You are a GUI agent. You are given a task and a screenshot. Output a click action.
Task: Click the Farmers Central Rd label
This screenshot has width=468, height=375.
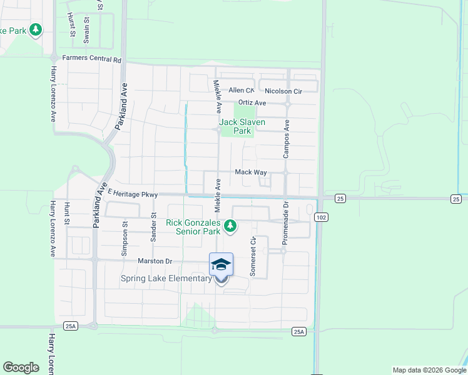click(x=91, y=59)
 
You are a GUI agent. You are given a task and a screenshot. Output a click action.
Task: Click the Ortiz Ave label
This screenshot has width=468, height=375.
click(x=252, y=102)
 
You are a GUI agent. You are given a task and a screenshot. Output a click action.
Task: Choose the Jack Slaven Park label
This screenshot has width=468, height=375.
click(x=242, y=126)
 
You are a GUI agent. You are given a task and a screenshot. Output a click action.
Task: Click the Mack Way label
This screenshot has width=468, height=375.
click(x=251, y=172)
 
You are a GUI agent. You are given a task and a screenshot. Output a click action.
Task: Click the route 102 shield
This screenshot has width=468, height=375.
click(x=320, y=217)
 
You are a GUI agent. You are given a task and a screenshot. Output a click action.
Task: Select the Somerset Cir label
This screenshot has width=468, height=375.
click(x=253, y=256)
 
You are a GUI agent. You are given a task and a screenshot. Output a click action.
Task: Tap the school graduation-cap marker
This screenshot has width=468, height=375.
click(x=221, y=266)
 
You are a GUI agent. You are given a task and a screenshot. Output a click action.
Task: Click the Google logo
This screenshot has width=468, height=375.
click(x=21, y=367)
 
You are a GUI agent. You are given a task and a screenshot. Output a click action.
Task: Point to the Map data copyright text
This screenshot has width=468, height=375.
click(x=429, y=370)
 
